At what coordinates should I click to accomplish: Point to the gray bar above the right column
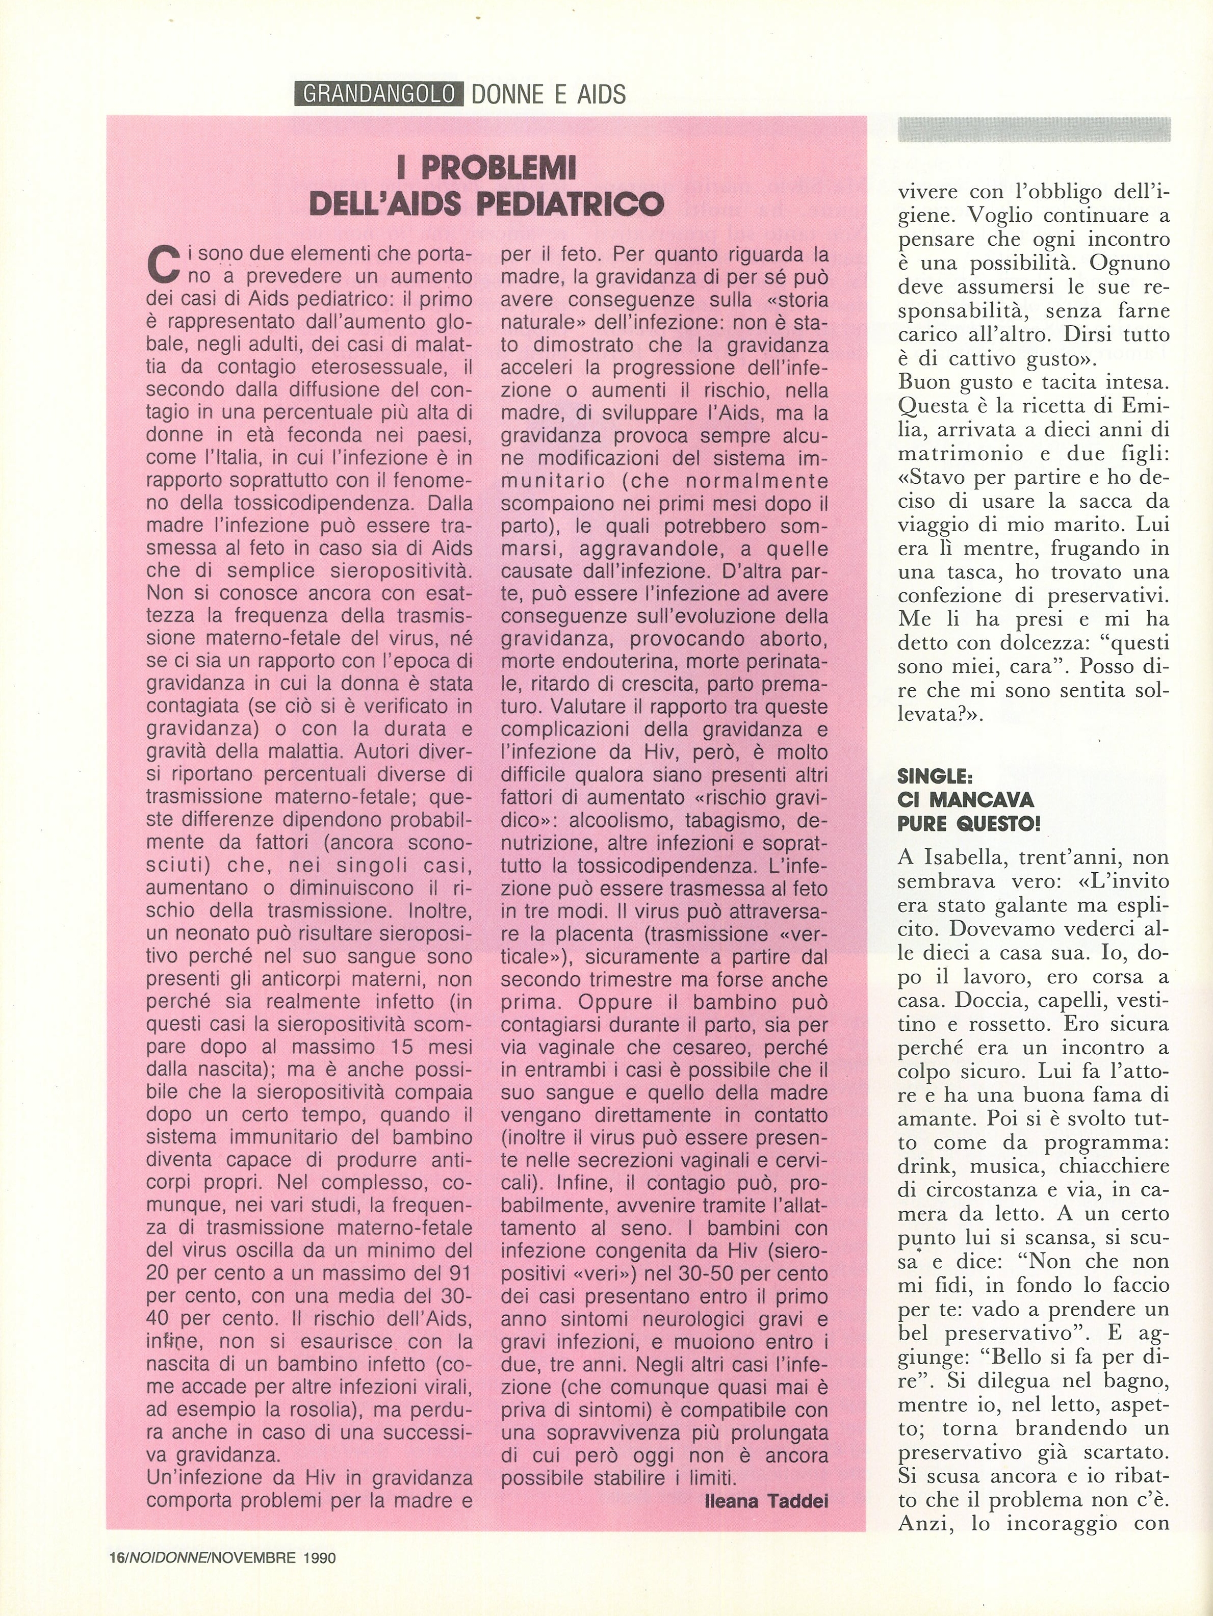point(1033,129)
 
